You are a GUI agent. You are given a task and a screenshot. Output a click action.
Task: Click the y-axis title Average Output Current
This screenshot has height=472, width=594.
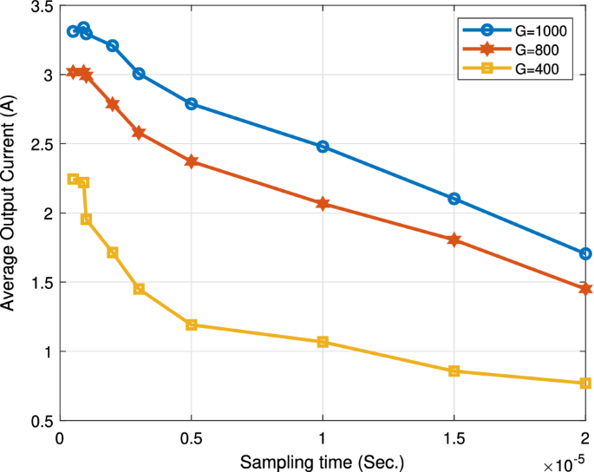click(10, 213)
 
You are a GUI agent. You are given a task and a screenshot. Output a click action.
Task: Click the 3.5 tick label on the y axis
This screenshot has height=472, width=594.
click(40, 6)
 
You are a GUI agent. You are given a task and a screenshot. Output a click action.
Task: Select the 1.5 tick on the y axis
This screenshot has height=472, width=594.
click(40, 283)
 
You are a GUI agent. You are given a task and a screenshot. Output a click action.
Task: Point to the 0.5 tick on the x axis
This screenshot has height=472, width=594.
click(191, 437)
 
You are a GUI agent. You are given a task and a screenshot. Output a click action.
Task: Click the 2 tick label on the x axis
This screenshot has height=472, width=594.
click(584, 437)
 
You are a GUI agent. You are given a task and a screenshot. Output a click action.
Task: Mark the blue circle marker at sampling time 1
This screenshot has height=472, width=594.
click(323, 147)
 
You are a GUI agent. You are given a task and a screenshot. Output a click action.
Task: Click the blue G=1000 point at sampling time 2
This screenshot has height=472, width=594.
click(585, 254)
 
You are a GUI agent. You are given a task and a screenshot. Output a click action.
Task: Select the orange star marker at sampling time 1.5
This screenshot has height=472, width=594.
click(454, 239)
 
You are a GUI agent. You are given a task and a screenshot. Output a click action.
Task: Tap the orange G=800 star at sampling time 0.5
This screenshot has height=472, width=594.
click(192, 161)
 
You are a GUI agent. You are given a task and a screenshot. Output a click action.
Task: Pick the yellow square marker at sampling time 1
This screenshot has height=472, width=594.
click(323, 342)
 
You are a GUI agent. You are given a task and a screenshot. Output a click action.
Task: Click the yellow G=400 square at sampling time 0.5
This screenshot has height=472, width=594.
click(192, 325)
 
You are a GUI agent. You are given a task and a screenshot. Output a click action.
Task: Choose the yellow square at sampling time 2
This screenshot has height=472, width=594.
click(585, 383)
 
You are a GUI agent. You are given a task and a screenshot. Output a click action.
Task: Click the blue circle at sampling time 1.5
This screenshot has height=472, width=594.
click(454, 199)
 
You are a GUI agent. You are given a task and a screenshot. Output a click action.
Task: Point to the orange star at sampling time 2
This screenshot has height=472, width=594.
click(585, 289)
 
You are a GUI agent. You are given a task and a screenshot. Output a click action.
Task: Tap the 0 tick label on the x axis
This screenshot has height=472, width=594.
click(60, 437)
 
